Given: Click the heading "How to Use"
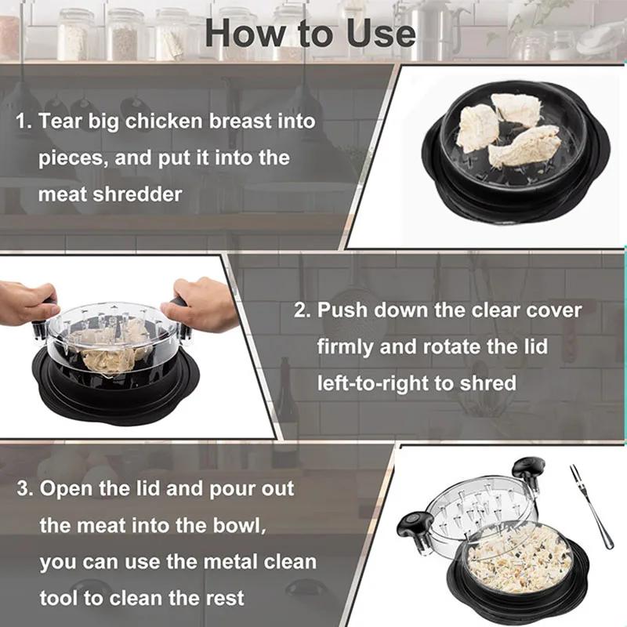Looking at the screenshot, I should point(310,32).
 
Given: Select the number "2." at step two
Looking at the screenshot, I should point(303,310).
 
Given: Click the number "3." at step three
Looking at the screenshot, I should point(25,488).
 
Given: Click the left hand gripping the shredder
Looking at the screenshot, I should point(27,302).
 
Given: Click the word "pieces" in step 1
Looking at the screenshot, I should point(71,158).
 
